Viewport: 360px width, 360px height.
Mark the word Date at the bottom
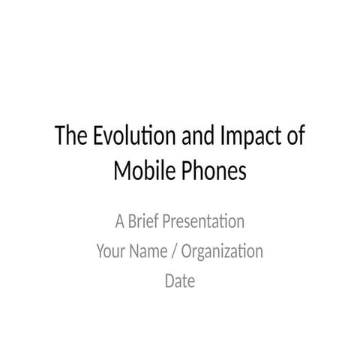point(180,281)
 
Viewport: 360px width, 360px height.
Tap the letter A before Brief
point(120,222)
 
